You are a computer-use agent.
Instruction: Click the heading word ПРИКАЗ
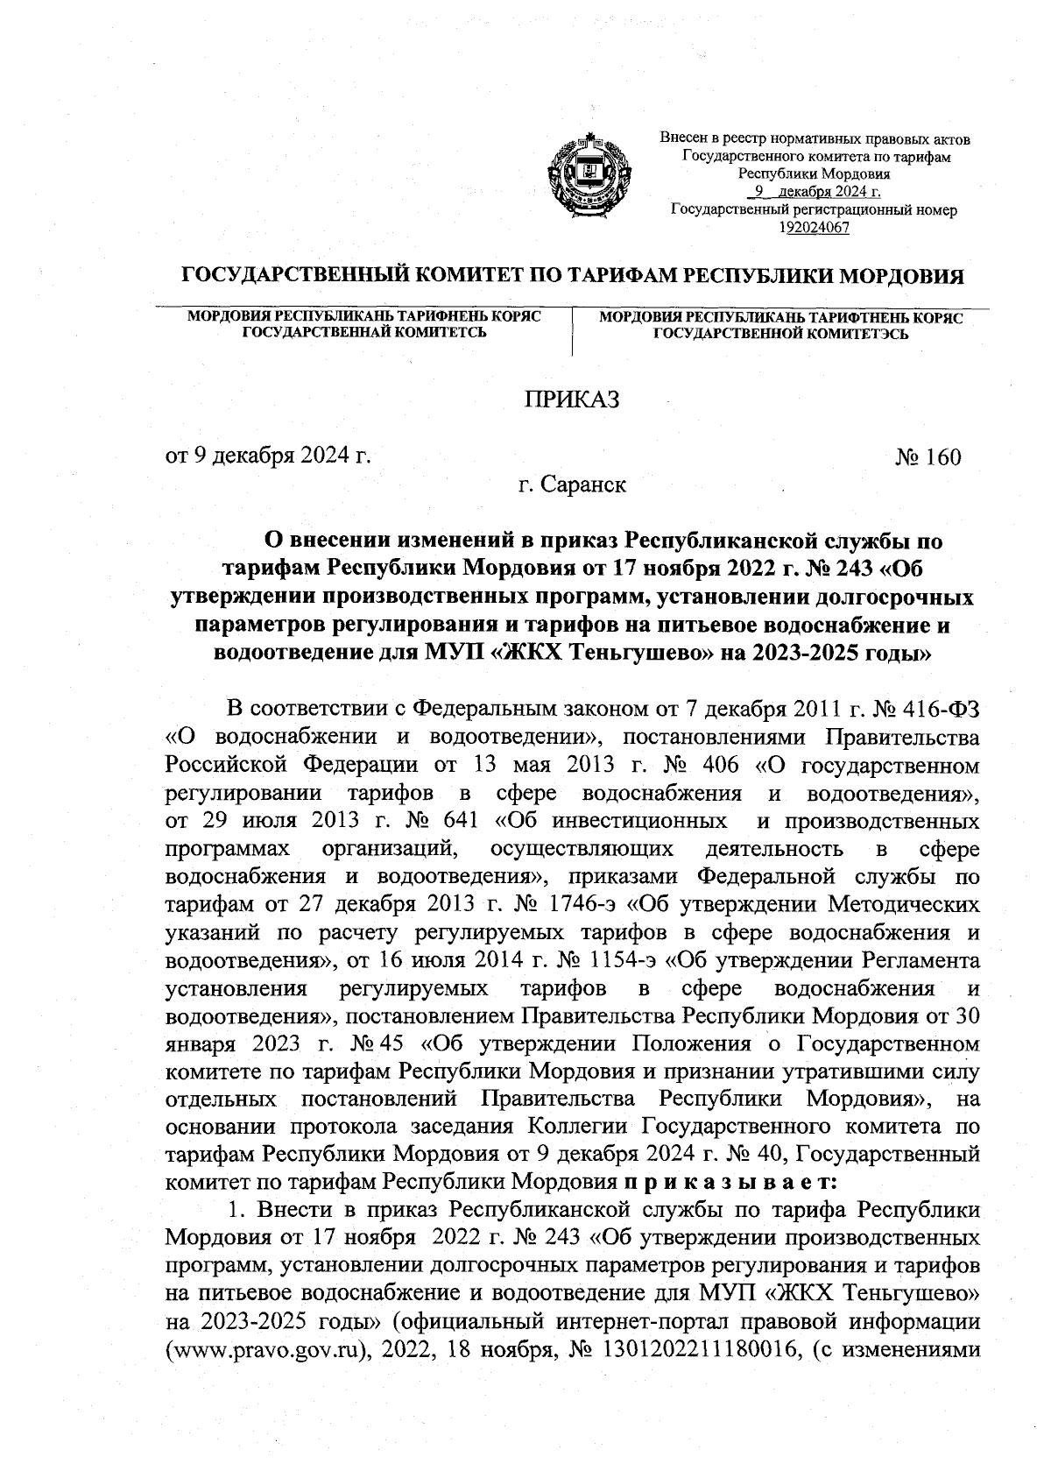[571, 400]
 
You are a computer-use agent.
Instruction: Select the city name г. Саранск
[571, 484]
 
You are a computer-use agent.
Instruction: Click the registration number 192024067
[814, 228]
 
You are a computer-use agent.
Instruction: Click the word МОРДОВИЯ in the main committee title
[902, 277]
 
